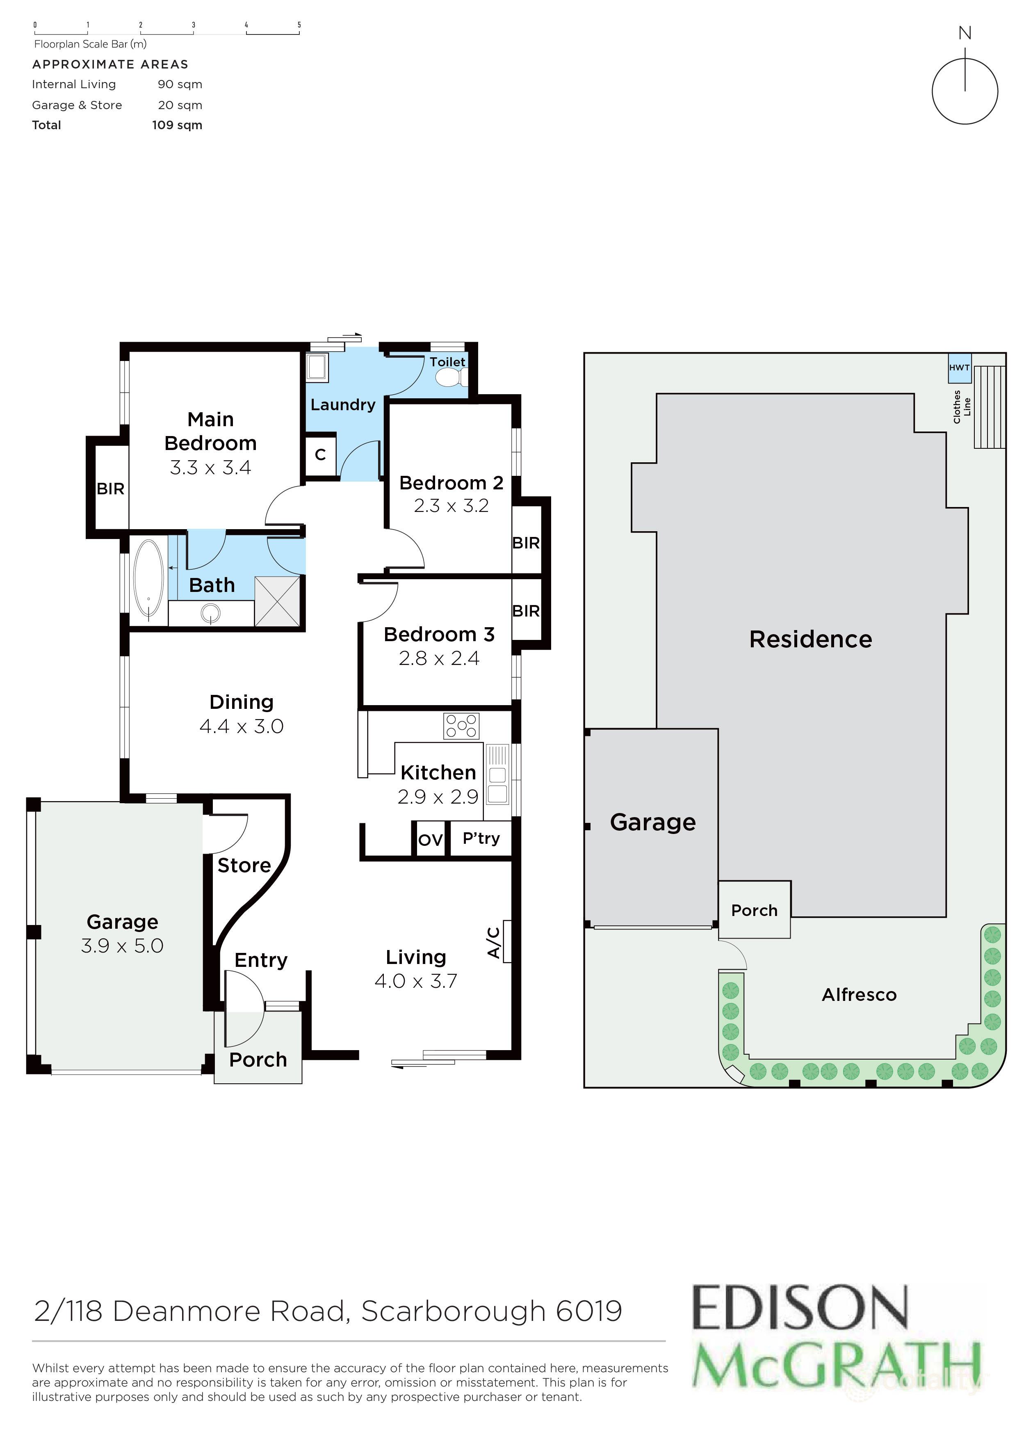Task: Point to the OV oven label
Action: (x=430, y=840)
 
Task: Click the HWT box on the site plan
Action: (x=959, y=368)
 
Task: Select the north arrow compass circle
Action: (x=965, y=91)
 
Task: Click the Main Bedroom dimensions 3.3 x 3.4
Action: (x=210, y=468)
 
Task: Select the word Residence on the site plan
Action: (x=810, y=639)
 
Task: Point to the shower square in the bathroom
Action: (x=277, y=601)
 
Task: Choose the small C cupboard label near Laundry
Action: (x=320, y=455)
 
